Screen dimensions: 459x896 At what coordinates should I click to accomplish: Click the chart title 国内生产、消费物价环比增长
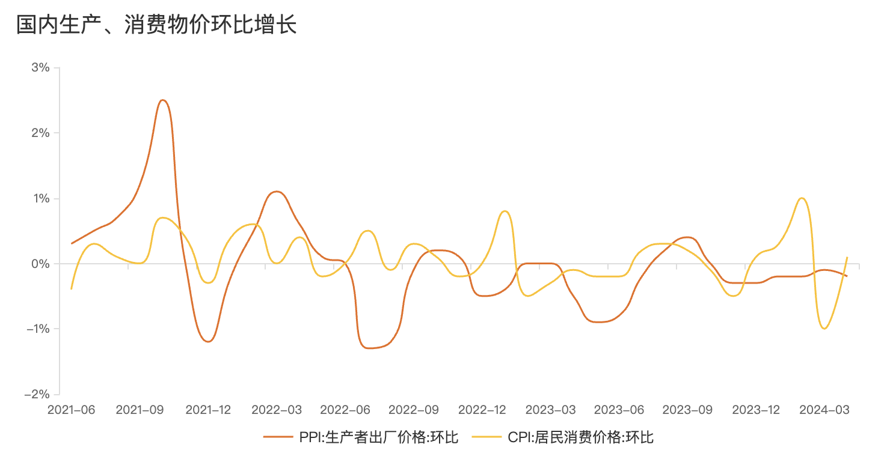pos(157,25)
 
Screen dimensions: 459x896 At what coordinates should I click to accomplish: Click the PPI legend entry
pos(361,437)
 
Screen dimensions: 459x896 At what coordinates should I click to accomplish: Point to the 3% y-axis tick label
pos(40,67)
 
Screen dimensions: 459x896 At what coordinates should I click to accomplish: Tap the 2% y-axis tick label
pos(40,133)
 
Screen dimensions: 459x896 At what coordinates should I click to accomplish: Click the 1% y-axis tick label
pos(40,198)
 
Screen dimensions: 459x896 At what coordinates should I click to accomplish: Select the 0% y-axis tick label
pos(40,264)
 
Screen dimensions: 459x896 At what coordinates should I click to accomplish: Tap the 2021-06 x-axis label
pos(71,410)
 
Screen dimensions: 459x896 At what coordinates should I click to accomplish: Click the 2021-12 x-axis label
pos(208,410)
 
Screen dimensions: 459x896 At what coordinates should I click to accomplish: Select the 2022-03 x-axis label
pos(277,410)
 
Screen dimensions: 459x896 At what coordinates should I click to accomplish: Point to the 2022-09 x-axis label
pos(414,410)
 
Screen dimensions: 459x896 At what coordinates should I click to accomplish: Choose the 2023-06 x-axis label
pos(619,410)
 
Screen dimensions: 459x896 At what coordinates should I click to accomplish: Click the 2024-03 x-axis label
pos(824,410)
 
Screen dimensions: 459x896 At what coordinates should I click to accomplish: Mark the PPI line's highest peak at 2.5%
pos(162,100)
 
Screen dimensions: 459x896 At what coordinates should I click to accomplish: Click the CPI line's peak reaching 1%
pos(802,198)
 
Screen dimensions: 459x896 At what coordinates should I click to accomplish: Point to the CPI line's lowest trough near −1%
pos(824,329)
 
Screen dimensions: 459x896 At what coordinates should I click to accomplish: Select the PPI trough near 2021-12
pos(208,341)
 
